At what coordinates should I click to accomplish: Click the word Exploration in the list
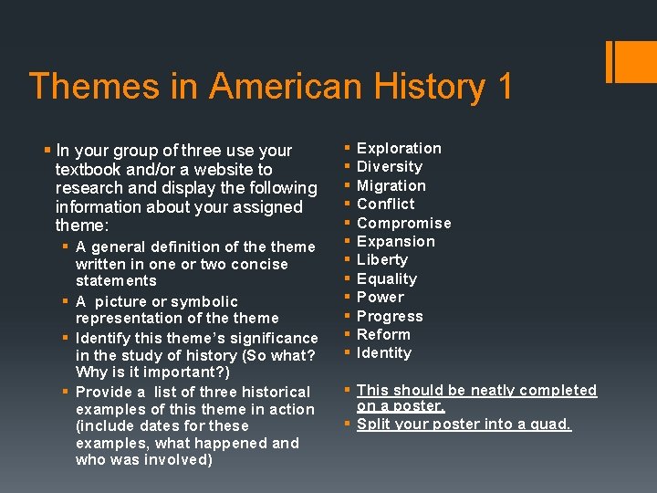pyautogui.click(x=399, y=148)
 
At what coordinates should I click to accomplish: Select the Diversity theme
pyautogui.click(x=390, y=167)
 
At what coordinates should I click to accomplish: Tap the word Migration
pyautogui.click(x=391, y=185)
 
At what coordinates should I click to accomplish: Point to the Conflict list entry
pyautogui.click(x=386, y=205)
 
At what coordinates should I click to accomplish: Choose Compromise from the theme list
pyautogui.click(x=404, y=223)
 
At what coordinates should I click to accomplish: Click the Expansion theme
pyautogui.click(x=396, y=241)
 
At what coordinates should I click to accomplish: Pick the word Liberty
pyautogui.click(x=382, y=260)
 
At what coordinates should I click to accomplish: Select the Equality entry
pyautogui.click(x=387, y=278)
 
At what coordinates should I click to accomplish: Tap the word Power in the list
pyautogui.click(x=381, y=298)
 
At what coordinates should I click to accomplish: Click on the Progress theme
pyautogui.click(x=390, y=316)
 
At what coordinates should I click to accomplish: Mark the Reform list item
pyautogui.click(x=384, y=334)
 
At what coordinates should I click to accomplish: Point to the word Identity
pyautogui.click(x=384, y=353)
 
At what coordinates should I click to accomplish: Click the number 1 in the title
pyautogui.click(x=504, y=87)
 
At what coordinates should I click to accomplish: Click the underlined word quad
pyautogui.click(x=551, y=425)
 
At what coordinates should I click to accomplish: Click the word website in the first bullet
pyautogui.click(x=226, y=170)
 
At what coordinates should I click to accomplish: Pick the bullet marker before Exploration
pyautogui.click(x=346, y=148)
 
